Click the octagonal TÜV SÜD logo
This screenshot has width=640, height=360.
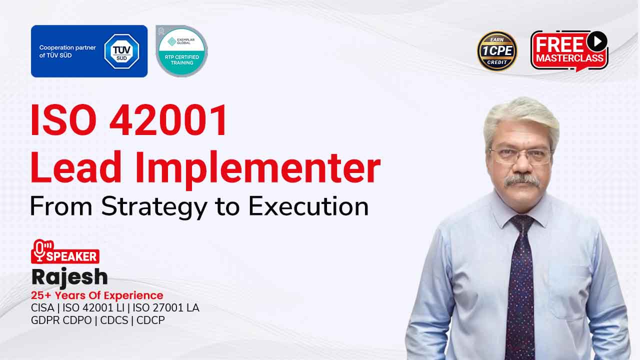(x=121, y=51)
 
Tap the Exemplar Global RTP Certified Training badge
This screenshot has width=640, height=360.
(x=181, y=51)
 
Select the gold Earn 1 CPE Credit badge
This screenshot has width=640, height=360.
(x=497, y=51)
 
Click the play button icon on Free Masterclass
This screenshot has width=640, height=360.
(x=596, y=41)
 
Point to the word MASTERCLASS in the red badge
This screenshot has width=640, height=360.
(x=569, y=57)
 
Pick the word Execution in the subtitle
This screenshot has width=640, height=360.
(x=308, y=206)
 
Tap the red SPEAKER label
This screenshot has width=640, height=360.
(x=72, y=256)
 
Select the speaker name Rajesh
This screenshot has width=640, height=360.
(x=69, y=276)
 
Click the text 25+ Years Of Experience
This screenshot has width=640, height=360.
(x=97, y=295)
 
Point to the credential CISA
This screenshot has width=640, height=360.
(x=42, y=307)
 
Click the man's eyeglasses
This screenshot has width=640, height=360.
(x=520, y=155)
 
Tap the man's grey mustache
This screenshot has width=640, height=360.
(x=522, y=180)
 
